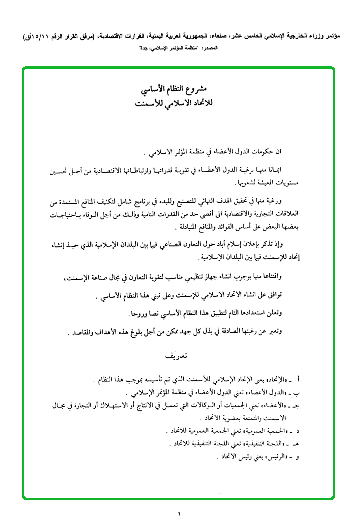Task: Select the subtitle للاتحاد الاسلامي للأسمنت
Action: coord(178,105)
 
